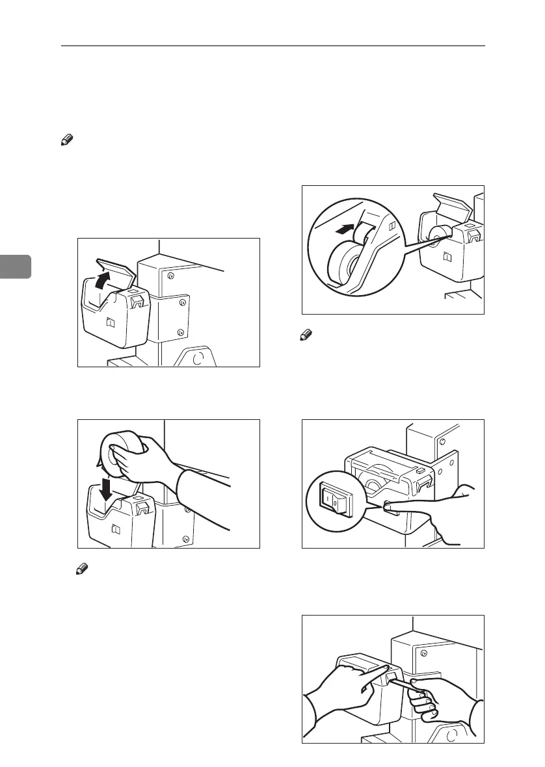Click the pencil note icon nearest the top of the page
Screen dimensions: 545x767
pos(65,140)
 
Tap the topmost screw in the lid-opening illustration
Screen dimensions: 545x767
pos(171,276)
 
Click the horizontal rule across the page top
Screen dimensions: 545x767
pos(272,46)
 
